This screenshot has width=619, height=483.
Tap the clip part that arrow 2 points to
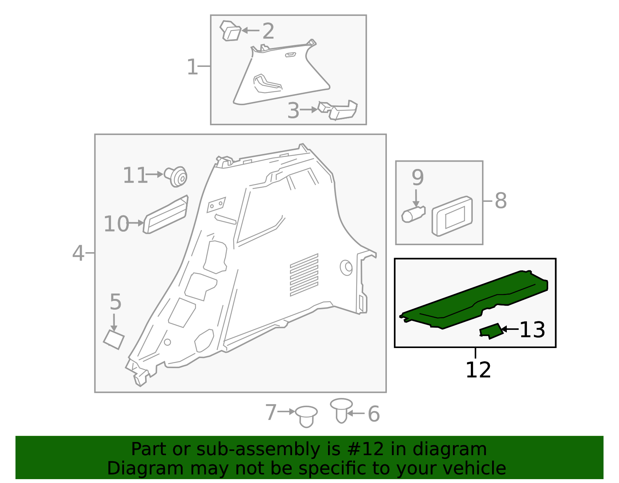point(231,31)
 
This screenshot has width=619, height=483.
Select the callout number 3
point(293,111)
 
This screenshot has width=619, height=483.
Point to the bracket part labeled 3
point(338,110)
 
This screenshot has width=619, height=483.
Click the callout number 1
point(192,67)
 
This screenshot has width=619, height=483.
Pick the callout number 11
point(135,175)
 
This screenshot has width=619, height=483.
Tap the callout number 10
point(116,224)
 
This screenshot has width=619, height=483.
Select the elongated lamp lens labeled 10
point(166,215)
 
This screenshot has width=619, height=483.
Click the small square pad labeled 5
point(114,340)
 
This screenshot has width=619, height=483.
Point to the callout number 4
point(78,253)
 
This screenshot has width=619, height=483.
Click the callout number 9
point(418,177)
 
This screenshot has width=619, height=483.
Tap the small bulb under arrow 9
point(413,214)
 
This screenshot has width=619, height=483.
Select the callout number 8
point(501,201)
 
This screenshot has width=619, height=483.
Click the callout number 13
point(532,330)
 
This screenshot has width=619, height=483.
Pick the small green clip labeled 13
point(491,331)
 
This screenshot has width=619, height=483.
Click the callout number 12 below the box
point(478,370)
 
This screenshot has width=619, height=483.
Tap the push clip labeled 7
point(306,416)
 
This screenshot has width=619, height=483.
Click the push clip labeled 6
point(342,410)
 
